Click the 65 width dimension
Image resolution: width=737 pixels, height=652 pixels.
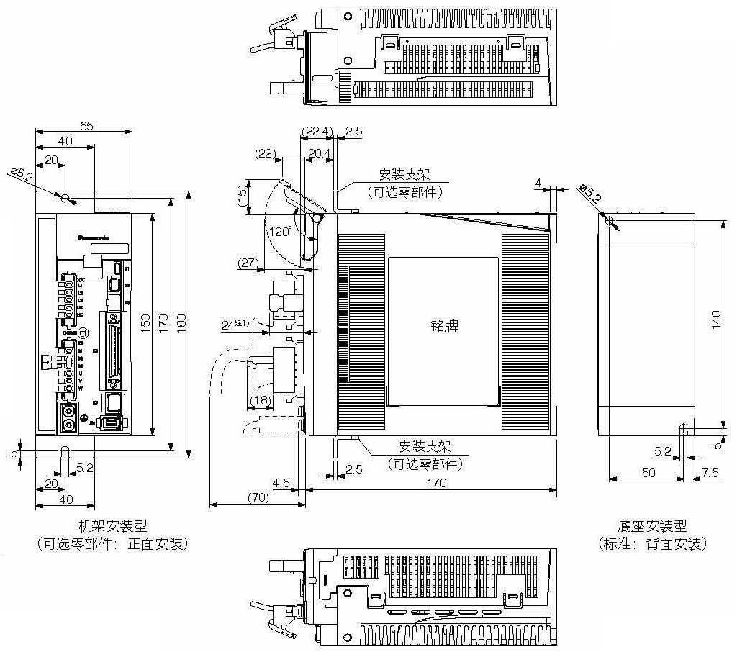click(x=86, y=125)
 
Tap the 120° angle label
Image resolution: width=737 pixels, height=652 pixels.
click(x=279, y=232)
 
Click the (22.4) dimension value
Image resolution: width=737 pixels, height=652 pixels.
click(x=317, y=131)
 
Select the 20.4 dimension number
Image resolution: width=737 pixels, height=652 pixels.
click(x=319, y=153)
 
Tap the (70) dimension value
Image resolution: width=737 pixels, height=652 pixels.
click(x=257, y=497)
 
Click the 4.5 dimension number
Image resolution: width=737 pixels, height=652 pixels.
click(x=281, y=483)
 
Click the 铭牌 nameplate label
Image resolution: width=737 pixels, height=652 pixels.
click(x=443, y=325)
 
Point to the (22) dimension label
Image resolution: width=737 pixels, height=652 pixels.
click(x=266, y=153)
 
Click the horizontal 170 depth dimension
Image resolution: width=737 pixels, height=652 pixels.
click(x=436, y=483)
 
